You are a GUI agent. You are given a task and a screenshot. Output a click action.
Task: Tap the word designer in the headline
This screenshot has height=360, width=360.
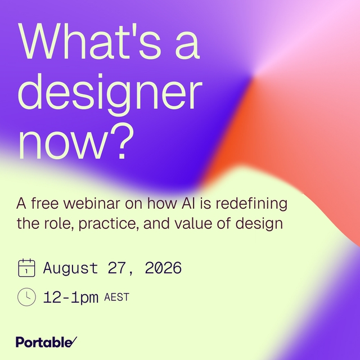(x=110, y=94)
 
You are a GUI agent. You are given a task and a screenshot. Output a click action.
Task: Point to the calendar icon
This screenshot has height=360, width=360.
(x=26, y=268)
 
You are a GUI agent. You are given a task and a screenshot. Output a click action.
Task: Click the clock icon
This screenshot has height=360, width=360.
(x=26, y=297)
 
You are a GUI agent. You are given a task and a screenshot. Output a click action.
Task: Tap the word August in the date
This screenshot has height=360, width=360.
(x=70, y=268)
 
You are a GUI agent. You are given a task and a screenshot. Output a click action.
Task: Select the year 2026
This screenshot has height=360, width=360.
(x=163, y=268)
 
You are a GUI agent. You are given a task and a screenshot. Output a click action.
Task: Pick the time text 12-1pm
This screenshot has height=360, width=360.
(x=71, y=298)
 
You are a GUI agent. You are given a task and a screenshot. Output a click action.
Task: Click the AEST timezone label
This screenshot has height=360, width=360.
(x=116, y=297)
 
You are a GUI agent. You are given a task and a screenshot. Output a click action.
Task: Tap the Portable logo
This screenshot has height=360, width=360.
(x=46, y=342)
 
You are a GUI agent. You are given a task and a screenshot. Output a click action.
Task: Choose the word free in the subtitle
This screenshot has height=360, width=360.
(x=45, y=203)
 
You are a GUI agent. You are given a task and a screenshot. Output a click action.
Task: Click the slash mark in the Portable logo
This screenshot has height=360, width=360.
(x=73, y=341)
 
